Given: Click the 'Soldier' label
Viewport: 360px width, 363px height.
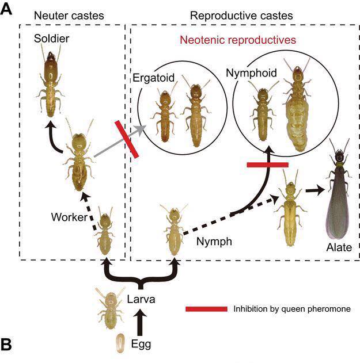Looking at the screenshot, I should pyautogui.click(x=48, y=39).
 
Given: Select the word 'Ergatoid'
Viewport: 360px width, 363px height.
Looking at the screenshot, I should pyautogui.click(x=151, y=77).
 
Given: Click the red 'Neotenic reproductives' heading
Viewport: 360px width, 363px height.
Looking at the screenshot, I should pyautogui.click(x=238, y=41).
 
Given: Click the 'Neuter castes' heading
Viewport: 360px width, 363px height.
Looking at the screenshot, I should pyautogui.click(x=70, y=16).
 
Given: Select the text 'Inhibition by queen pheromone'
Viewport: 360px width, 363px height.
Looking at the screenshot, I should pyautogui.click(x=291, y=309).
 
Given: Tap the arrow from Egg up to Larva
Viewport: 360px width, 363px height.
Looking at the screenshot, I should pyautogui.click(x=139, y=323).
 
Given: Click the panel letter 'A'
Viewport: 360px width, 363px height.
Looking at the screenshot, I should pyautogui.click(x=7, y=10).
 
